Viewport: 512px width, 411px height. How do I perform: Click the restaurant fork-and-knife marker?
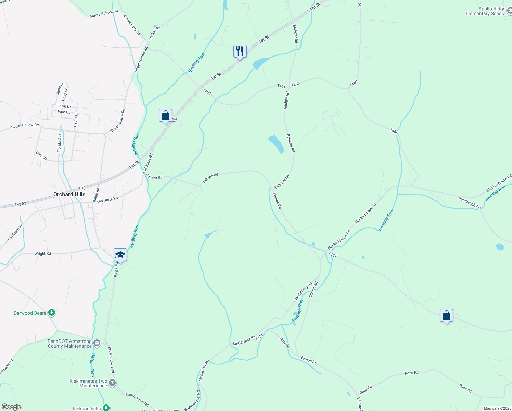pos(240,51)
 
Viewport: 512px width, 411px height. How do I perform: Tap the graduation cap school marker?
pos(120,255)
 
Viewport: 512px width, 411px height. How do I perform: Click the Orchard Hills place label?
pos(69,194)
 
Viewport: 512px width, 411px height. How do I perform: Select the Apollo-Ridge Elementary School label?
pos(485,11)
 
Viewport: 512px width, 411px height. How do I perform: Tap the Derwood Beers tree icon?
pos(52,312)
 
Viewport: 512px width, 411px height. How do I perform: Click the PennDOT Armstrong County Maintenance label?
pos(69,344)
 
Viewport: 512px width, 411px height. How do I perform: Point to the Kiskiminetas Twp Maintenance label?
pos(88,383)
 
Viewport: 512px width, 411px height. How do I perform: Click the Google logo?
pos(11,407)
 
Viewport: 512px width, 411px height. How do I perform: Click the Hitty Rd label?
pos(284,342)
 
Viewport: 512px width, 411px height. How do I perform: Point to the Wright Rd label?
pos(42,254)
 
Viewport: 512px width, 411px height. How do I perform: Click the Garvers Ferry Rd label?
pos(131,24)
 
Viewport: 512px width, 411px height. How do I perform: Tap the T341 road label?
pos(333,255)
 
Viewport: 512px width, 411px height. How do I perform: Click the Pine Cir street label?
pos(64,112)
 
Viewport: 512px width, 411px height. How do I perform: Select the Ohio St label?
pos(41,156)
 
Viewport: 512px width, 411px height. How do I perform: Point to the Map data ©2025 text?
pos(497,408)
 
